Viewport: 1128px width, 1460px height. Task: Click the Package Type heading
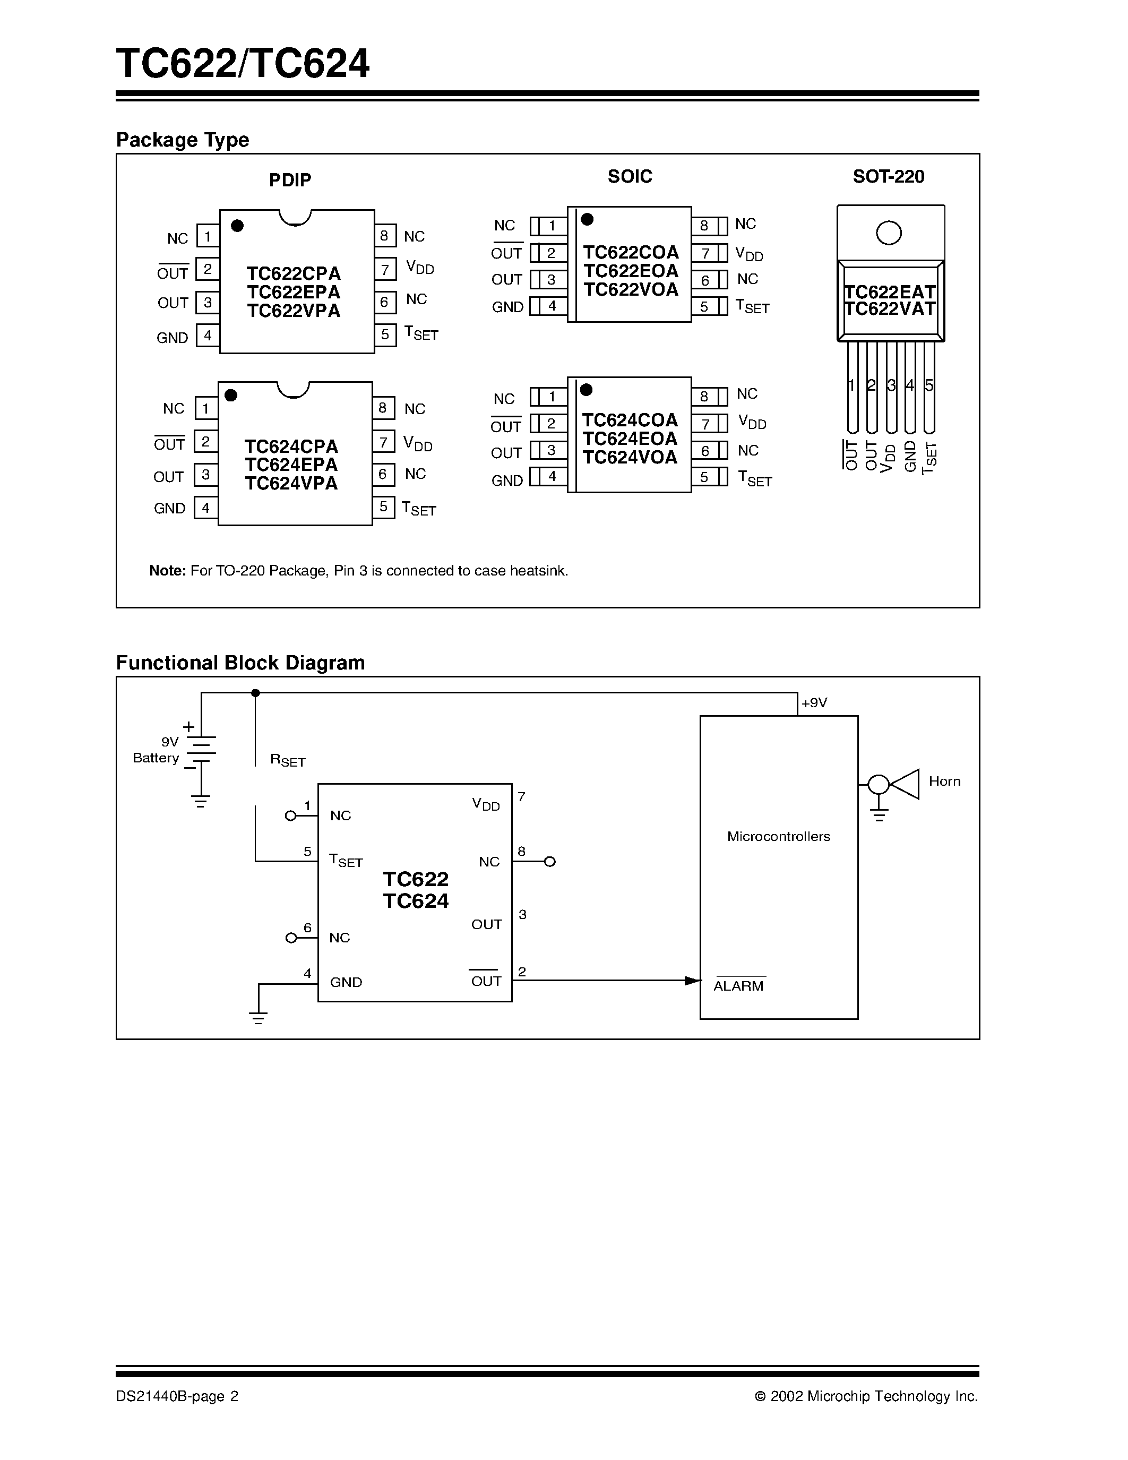[x=183, y=140]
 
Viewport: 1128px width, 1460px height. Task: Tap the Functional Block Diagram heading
[x=240, y=663]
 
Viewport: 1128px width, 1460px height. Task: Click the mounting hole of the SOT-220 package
[x=888, y=233]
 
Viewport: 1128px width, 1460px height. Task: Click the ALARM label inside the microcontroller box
[x=738, y=985]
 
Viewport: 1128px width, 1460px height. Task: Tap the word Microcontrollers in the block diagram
[x=779, y=836]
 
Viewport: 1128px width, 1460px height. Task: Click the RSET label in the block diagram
[x=287, y=760]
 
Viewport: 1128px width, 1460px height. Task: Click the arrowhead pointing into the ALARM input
[x=692, y=981]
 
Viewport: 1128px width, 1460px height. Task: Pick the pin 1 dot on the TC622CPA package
[x=237, y=226]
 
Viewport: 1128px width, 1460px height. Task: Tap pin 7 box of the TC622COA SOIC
[x=705, y=253]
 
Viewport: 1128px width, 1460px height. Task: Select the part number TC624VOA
[x=630, y=458]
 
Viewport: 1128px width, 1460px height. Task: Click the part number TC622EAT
[x=890, y=292]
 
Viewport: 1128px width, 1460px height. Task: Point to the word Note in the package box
[x=167, y=571]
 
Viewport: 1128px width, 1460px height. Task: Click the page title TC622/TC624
[x=243, y=64]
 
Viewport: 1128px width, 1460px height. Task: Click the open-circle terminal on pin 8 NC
[x=549, y=862]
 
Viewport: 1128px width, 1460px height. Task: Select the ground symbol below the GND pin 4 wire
[x=258, y=1018]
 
